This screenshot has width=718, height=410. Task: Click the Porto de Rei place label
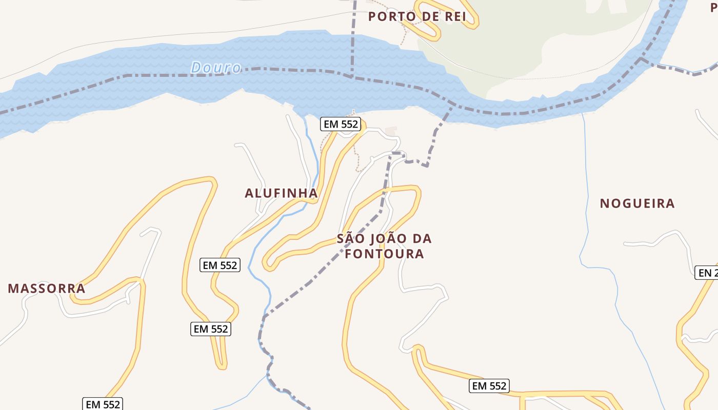pyautogui.click(x=417, y=16)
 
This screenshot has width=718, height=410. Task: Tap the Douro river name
pyautogui.click(x=215, y=68)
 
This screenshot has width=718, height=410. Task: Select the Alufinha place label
pyautogui.click(x=281, y=193)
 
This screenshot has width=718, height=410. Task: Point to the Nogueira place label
pyautogui.click(x=637, y=203)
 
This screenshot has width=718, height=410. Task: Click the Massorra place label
pyautogui.click(x=47, y=289)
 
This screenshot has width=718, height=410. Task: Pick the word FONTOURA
pyautogui.click(x=384, y=254)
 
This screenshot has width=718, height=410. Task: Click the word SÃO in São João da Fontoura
pyautogui.click(x=351, y=239)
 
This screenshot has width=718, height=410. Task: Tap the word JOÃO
pyautogui.click(x=386, y=239)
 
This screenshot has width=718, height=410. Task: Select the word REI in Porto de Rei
pyautogui.click(x=453, y=16)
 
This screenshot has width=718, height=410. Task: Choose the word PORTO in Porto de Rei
pyautogui.click(x=391, y=16)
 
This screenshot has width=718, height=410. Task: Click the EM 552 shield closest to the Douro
pyautogui.click(x=341, y=124)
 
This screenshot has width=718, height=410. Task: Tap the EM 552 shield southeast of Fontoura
pyautogui.click(x=489, y=386)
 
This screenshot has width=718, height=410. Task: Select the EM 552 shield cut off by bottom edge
pyautogui.click(x=102, y=404)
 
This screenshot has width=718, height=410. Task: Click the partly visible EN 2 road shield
pyautogui.click(x=707, y=273)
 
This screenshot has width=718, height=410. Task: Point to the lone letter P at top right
pyautogui.click(x=713, y=7)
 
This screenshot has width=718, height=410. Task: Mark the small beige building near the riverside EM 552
pyautogui.click(x=391, y=132)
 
